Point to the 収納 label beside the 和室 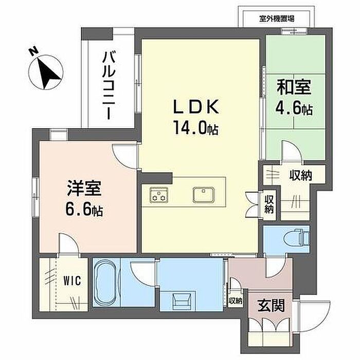click(300, 175)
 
